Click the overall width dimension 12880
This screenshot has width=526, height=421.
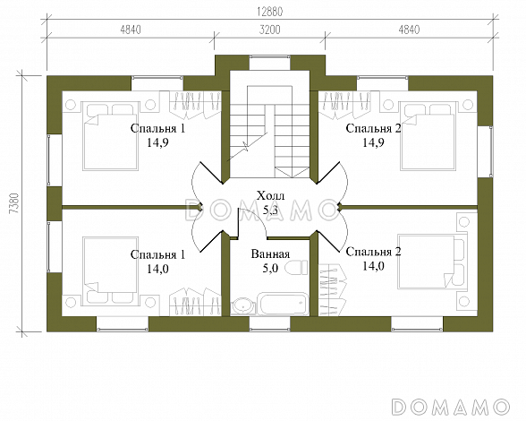tap(270, 12)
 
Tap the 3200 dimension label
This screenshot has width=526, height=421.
tap(270, 30)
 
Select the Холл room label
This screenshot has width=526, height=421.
tap(270, 195)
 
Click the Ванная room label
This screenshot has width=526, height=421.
tap(270, 254)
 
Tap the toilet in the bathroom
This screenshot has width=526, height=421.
tap(297, 268)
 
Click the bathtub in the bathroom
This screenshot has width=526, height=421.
tap(283, 304)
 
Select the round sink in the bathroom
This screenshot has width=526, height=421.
tap(242, 305)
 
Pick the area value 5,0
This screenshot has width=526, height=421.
tap(270, 269)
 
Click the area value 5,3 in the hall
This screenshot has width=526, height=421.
tap(270, 210)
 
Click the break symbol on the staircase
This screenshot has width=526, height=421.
tap(247, 146)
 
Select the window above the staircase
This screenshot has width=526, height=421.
tap(270, 63)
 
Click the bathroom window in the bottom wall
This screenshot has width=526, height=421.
tap(270, 324)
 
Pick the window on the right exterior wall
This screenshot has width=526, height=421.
tap(485, 151)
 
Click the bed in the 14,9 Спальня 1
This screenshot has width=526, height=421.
tap(110, 136)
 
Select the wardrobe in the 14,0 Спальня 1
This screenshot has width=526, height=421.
tap(195, 302)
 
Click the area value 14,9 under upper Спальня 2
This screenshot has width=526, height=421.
tap(373, 142)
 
